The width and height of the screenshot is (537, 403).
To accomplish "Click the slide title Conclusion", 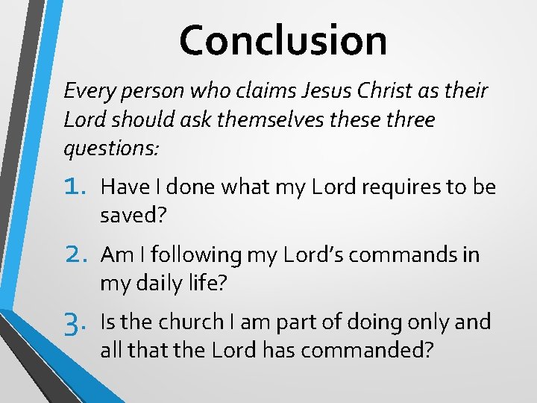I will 283,40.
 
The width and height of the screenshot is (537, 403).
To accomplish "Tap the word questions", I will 110,148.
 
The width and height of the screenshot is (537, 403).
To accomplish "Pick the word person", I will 157,92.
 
